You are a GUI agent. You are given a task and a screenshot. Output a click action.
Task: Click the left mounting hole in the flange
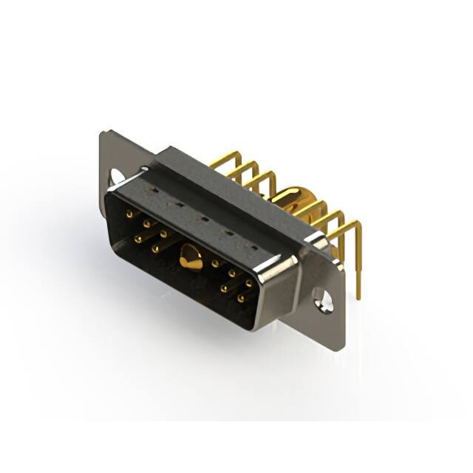[x=117, y=177]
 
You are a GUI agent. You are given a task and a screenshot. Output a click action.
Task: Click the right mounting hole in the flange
[x=322, y=297]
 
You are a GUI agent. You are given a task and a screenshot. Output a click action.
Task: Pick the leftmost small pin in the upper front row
[x=130, y=214]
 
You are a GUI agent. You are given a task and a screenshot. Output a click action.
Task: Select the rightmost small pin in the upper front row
[x=249, y=282]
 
